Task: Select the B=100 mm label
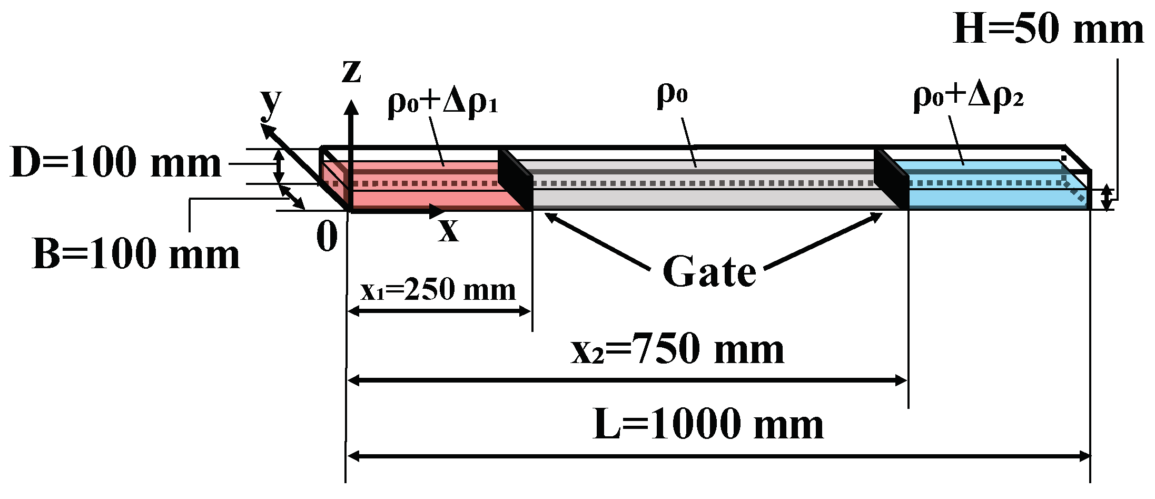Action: [136, 255]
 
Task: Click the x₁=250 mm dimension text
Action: [438, 290]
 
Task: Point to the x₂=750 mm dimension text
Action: [678, 349]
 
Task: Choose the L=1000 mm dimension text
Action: [708, 425]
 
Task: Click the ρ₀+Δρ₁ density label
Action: [442, 101]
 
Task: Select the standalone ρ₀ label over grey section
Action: [672, 95]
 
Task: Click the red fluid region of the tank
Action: [421, 192]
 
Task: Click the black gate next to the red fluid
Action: [515, 179]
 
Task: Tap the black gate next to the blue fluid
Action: [891, 179]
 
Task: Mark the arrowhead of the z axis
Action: [351, 107]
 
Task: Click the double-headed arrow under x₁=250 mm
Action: [439, 311]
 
